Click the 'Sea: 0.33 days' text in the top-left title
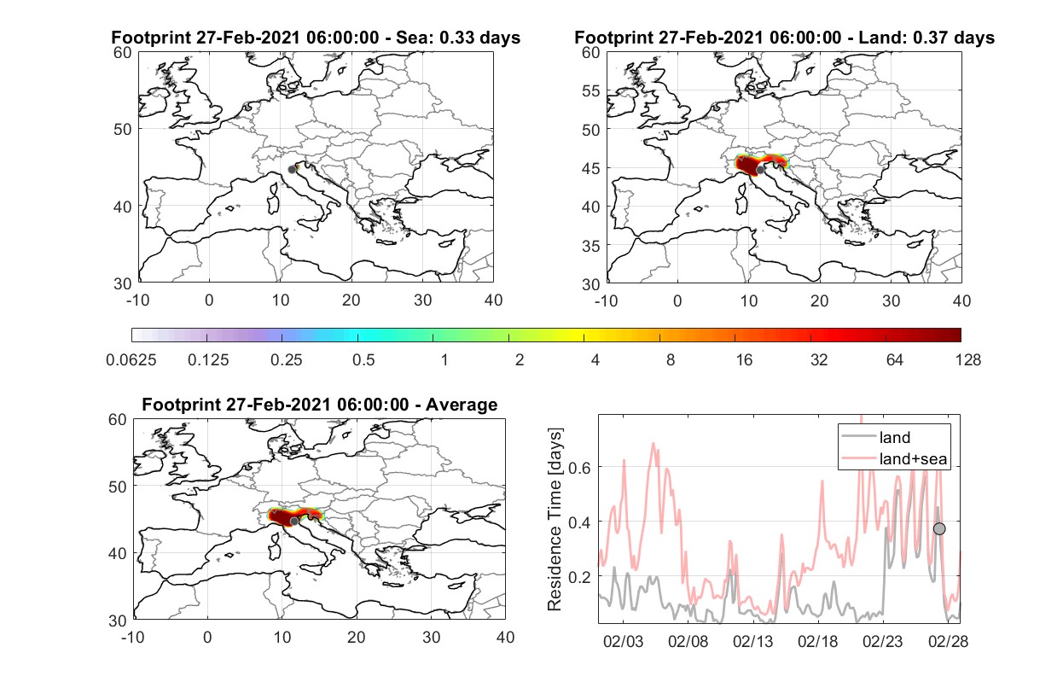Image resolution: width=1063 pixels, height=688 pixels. point(458,38)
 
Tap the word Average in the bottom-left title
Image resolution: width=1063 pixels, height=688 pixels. point(462,405)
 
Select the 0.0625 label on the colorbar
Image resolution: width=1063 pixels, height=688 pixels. point(131,360)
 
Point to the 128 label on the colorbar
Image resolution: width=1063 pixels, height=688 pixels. point(967,360)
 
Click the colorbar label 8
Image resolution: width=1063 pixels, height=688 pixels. point(670,360)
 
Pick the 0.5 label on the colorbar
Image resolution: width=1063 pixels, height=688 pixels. point(363,360)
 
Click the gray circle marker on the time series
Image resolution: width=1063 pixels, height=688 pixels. point(939,529)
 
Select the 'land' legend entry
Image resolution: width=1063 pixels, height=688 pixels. point(895,437)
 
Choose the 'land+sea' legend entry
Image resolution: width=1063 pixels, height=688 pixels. point(913,459)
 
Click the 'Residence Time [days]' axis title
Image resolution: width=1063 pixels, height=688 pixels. point(555,520)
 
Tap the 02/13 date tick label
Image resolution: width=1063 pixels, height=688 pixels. point(752,642)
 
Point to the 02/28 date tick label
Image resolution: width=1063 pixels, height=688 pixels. point(948,642)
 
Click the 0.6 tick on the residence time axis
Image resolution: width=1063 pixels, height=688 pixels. point(579,468)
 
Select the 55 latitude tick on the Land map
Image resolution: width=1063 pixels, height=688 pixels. point(590,91)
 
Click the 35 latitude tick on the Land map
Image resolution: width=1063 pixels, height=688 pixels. point(590,246)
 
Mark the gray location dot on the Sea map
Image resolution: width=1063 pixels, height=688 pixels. point(292,170)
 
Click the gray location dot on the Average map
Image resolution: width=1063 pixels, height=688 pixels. point(294,522)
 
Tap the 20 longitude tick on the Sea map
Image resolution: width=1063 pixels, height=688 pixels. point(351,300)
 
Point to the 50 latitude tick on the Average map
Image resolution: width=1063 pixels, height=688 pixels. point(117,487)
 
